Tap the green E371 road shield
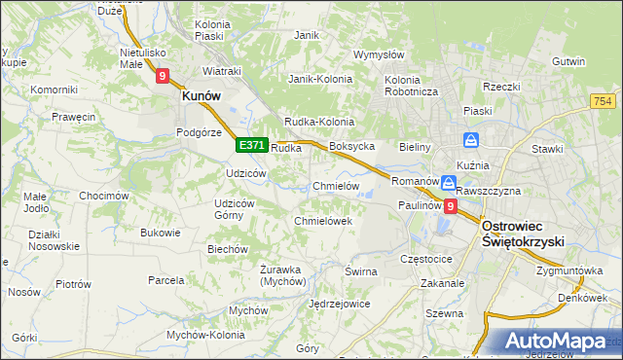[x=251, y=145]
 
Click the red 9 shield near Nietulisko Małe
[x=163, y=74]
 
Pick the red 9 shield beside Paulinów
[x=450, y=206]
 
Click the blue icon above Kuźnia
[x=471, y=139]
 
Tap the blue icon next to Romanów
[x=448, y=182]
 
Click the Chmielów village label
[x=337, y=186]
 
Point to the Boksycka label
[x=352, y=146]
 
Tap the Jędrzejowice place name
[x=339, y=304]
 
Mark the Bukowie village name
[x=161, y=233]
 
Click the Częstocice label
[x=426, y=260]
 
